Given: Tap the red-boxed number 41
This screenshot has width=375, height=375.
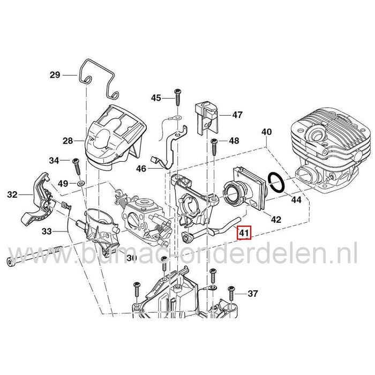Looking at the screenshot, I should tap(244, 233).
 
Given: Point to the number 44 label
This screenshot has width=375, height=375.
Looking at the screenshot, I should tap(296, 200).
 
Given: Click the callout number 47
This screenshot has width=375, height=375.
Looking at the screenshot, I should tap(237, 115).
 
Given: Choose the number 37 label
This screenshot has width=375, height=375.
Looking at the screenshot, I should tap(253, 294).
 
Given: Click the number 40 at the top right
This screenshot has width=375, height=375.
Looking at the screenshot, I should tap(266, 131).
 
